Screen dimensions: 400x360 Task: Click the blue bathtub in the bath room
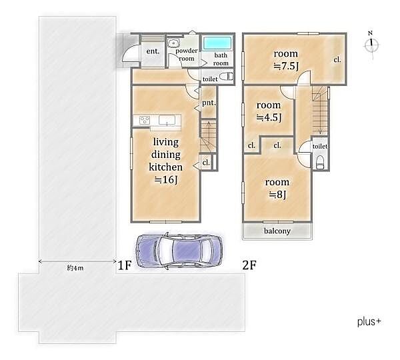tap(217, 43)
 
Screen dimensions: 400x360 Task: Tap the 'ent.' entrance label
tap(153, 51)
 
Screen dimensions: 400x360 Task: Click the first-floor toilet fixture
tap(227, 77)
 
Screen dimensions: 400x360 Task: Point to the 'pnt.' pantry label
tap(209, 103)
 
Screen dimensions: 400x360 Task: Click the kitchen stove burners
tap(145, 120)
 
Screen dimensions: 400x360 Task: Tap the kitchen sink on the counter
tap(167, 120)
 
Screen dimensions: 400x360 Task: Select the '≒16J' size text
tap(166, 180)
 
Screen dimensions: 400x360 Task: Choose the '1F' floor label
tap(125, 265)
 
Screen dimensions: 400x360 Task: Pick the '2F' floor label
tap(249, 265)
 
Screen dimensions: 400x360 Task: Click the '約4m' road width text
tap(75, 268)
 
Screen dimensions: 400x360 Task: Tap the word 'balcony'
tap(277, 231)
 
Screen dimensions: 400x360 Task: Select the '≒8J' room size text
tap(278, 195)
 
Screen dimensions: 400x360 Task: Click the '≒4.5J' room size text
tap(269, 117)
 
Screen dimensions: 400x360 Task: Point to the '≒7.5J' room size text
tap(286, 66)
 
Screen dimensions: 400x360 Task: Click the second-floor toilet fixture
tap(320, 162)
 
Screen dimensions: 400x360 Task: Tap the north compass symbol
tap(371, 45)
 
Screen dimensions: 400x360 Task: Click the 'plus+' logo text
tap(369, 322)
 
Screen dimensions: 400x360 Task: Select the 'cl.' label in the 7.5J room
tap(337, 60)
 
